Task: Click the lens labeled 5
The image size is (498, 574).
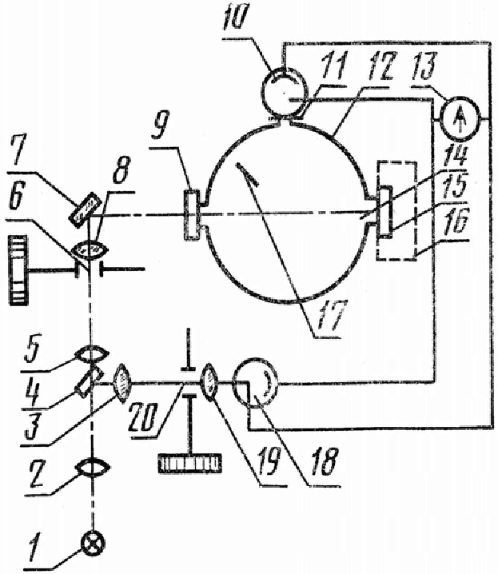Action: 93,355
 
